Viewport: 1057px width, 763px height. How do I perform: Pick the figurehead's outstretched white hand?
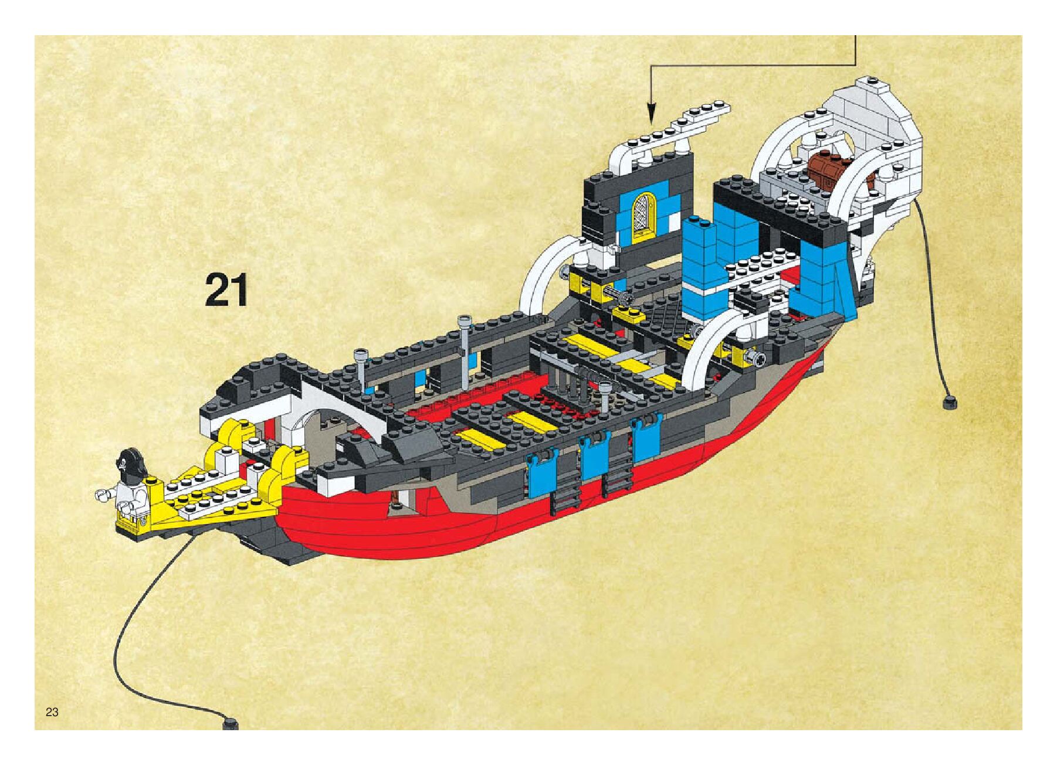point(103,495)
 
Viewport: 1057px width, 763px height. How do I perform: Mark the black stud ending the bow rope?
point(230,724)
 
